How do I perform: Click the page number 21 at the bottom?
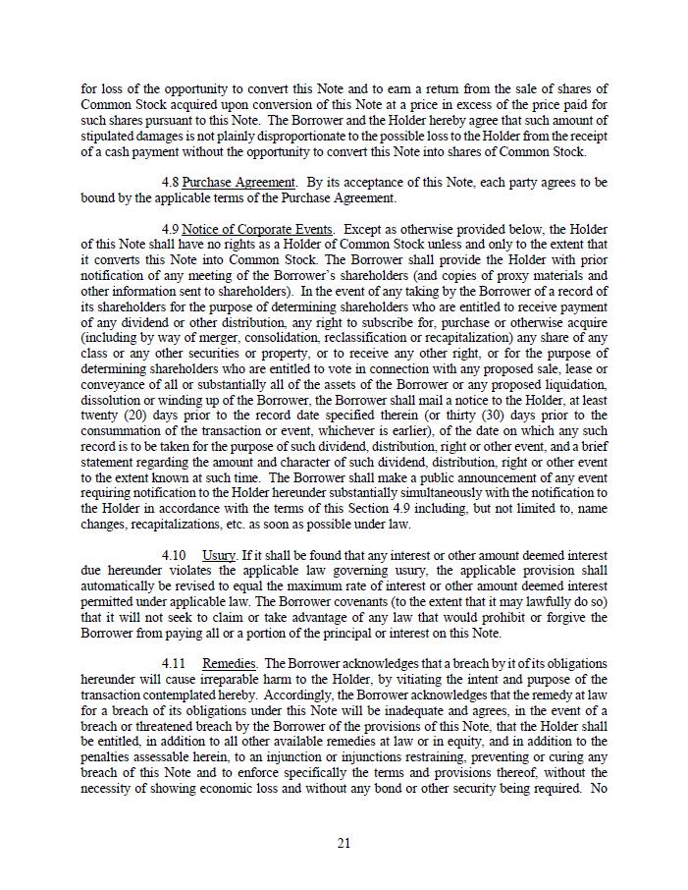coord(344,843)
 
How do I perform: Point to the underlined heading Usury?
coord(219,556)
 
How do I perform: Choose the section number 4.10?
coord(175,556)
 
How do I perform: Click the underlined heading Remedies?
coord(230,664)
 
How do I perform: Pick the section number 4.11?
coord(175,664)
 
